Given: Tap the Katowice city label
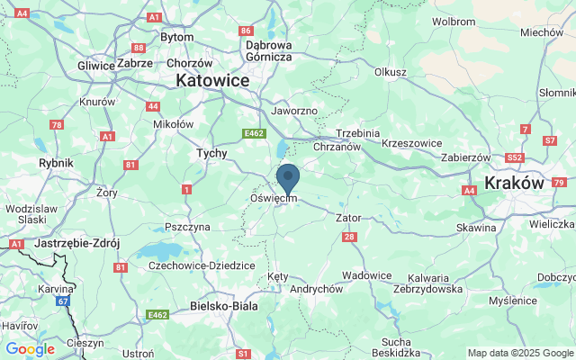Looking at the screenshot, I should pyautogui.click(x=212, y=80).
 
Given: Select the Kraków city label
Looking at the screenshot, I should pyautogui.click(x=514, y=182).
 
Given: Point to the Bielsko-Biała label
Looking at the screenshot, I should pyautogui.click(x=224, y=306).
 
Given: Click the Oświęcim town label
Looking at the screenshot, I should pyautogui.click(x=274, y=198).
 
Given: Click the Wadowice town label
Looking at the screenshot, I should pyautogui.click(x=367, y=275).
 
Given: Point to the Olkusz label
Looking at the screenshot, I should pyautogui.click(x=391, y=72).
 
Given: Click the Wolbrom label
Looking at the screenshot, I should pyautogui.click(x=453, y=20).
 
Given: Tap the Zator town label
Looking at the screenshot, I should pyautogui.click(x=348, y=218).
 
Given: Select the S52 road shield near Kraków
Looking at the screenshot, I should pyautogui.click(x=515, y=157).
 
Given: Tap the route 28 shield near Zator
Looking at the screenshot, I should pyautogui.click(x=349, y=237).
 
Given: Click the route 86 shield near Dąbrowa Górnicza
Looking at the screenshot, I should pyautogui.click(x=247, y=31).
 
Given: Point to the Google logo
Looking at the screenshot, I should pyautogui.click(x=30, y=349).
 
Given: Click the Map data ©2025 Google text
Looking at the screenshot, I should pyautogui.click(x=520, y=353).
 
